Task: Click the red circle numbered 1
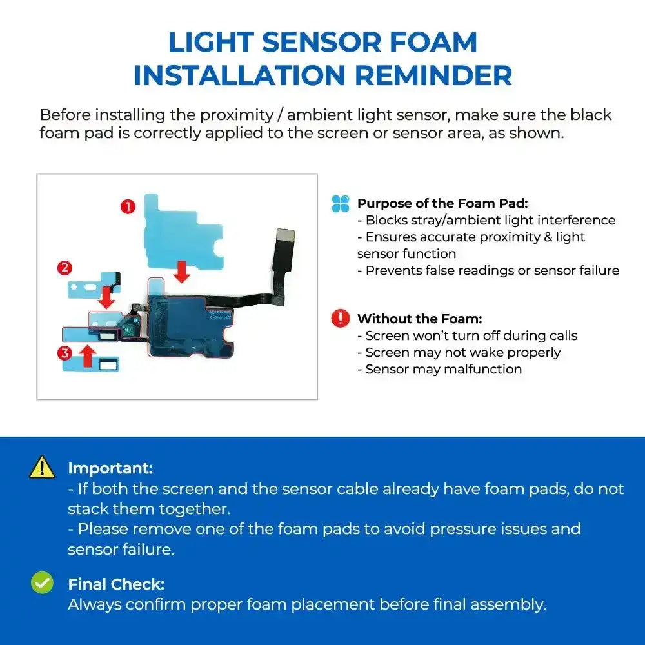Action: coord(128,206)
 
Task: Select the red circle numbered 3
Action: coord(64,353)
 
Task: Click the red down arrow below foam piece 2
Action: coord(106,297)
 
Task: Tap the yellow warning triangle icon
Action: coord(42,467)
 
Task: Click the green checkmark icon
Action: coord(42,583)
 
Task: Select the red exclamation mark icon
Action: coord(340,318)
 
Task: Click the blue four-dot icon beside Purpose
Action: coord(340,204)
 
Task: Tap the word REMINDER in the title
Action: coord(433,75)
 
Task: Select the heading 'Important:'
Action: coord(110,468)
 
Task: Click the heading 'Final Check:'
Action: coord(116,584)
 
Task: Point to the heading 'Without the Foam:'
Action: coord(419,319)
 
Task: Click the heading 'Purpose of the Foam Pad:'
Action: coord(442,204)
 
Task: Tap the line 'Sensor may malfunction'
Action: coord(443,369)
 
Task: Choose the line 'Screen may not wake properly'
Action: coord(462,352)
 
